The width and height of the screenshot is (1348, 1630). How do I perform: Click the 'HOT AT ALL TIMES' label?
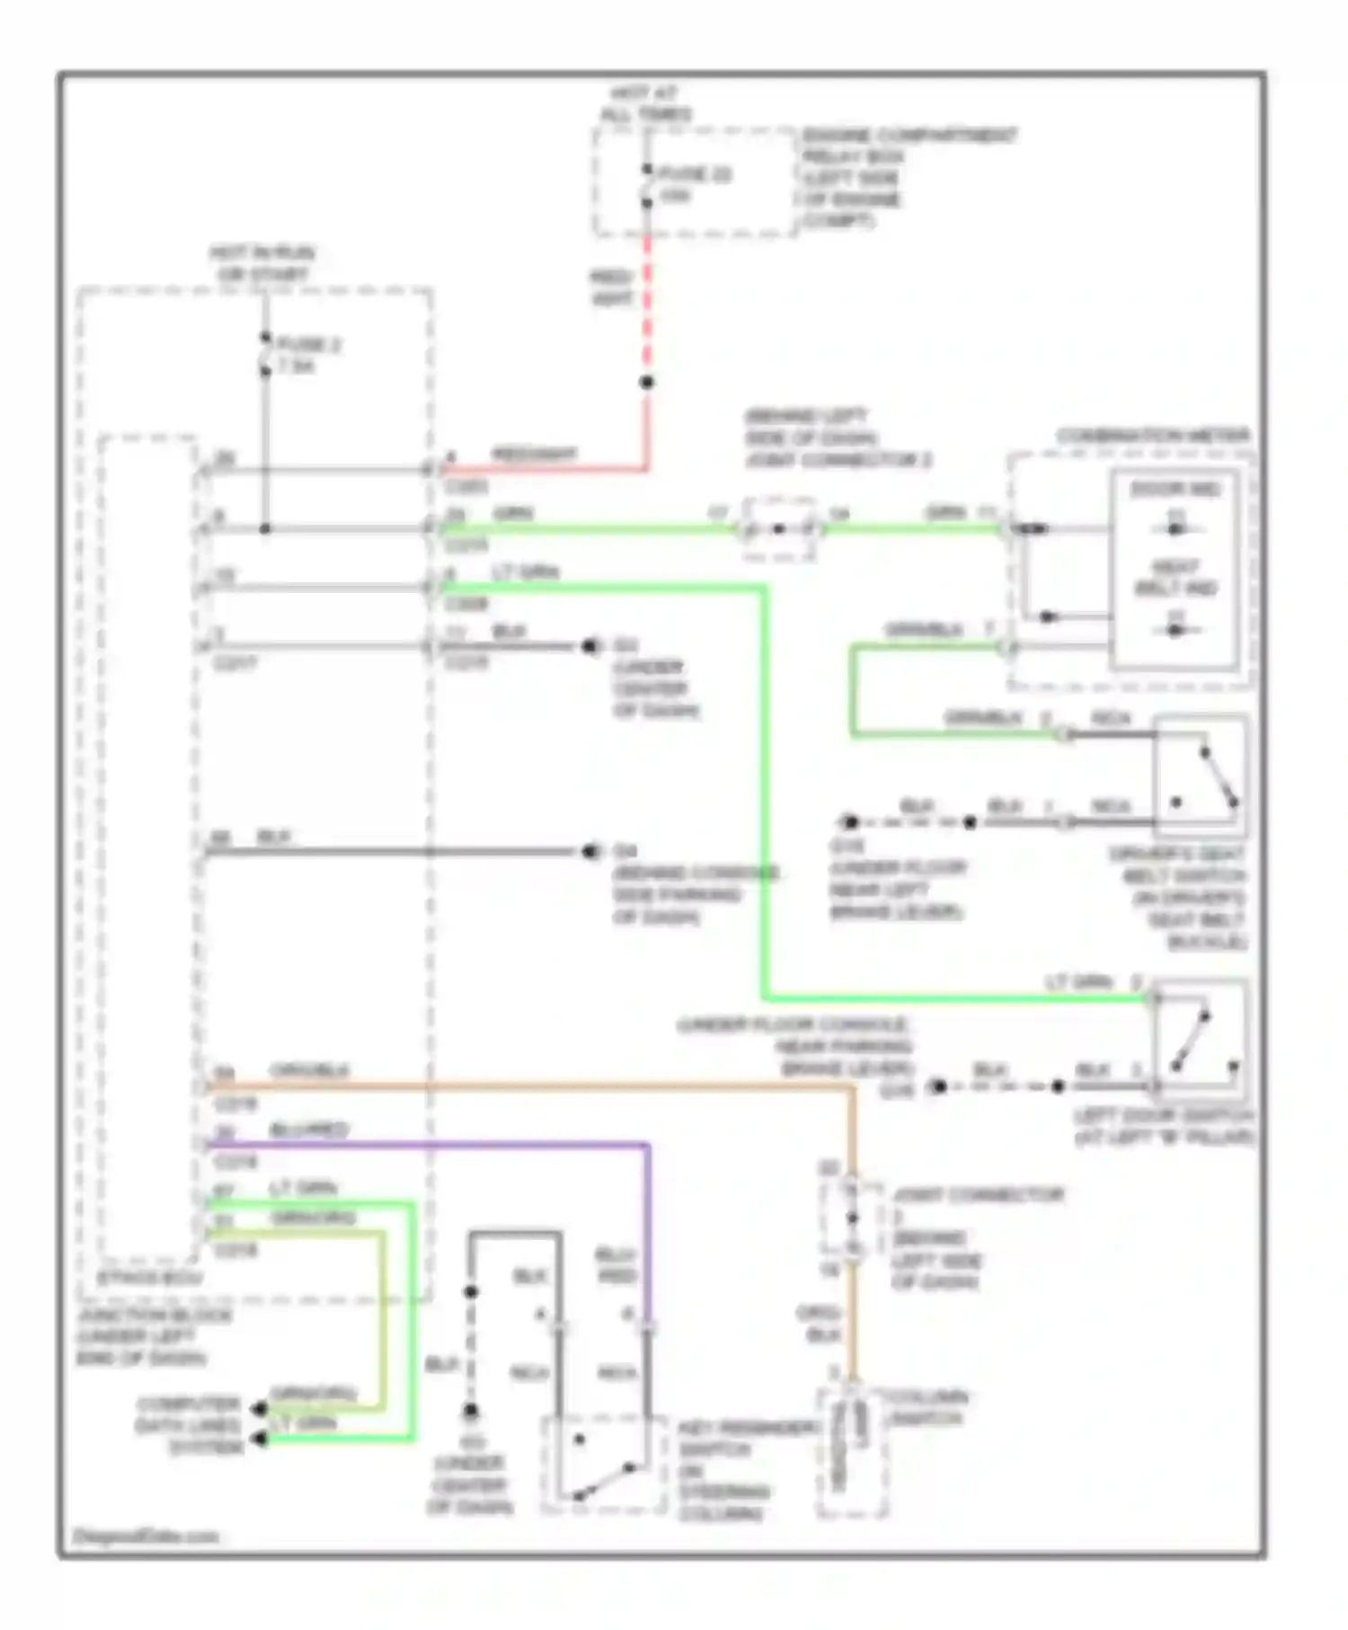(645, 103)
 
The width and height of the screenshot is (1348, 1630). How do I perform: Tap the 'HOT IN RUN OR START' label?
(262, 263)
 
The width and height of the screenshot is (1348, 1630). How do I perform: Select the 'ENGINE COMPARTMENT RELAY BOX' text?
(908, 146)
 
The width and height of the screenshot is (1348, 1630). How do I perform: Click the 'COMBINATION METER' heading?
(1152, 437)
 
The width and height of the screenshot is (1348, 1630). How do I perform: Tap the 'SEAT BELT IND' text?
(1175, 578)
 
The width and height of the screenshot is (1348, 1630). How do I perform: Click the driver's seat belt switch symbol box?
(1201, 770)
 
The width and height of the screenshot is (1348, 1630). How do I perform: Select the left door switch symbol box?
(1201, 1040)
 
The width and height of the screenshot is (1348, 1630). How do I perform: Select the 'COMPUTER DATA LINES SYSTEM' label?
(191, 1425)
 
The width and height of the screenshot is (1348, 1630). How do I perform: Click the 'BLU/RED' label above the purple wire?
(308, 1129)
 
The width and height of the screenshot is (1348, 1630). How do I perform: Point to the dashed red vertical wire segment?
(646, 306)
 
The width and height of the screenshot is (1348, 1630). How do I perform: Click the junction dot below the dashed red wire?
(646, 383)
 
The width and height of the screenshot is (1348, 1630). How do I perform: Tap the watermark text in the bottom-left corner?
(146, 1536)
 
